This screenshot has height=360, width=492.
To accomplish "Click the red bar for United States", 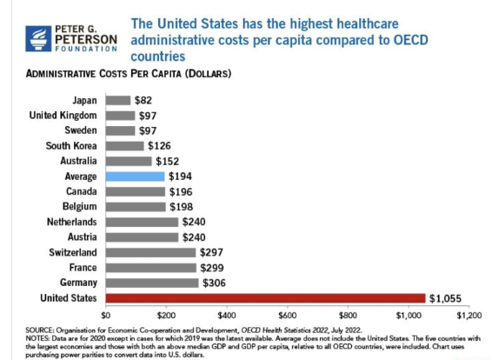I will pos(265,298).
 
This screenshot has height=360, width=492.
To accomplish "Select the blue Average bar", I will pos(135,176).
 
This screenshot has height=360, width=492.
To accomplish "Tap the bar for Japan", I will pos(118,100).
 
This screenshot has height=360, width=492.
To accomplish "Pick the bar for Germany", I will pos(152,283).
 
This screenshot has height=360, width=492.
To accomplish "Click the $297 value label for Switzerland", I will pos(212,252).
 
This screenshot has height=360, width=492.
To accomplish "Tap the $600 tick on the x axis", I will pos(287,314).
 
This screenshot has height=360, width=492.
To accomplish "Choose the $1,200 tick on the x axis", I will pos(468,314).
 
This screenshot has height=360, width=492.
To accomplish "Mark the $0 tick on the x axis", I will pos(107,314).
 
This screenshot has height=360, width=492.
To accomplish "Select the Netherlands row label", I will pos(70,222).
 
